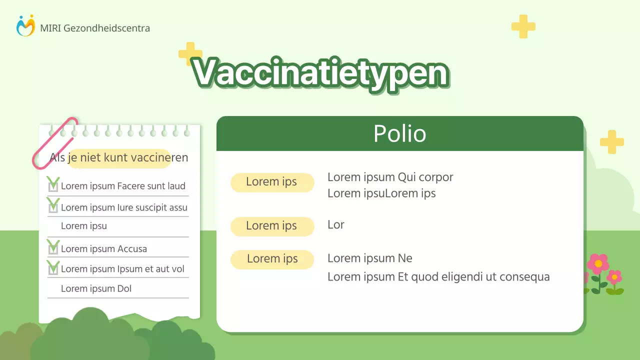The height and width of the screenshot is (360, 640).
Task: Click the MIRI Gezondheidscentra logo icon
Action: tap(25, 26)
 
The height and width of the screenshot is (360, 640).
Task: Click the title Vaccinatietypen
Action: tap(320, 73)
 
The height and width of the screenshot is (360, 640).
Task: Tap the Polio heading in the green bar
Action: tap(399, 134)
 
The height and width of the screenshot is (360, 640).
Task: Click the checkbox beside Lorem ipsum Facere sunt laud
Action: tap(53, 186)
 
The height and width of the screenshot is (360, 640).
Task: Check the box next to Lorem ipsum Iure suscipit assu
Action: tap(53, 207)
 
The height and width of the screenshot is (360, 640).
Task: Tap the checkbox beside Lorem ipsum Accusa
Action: tap(53, 248)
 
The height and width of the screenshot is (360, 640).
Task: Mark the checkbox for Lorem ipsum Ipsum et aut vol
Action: tap(53, 269)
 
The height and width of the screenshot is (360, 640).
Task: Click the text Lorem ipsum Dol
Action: tap(96, 288)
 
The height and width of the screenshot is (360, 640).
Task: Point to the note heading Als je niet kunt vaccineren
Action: tap(119, 158)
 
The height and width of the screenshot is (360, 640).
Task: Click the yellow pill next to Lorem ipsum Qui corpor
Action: tap(272, 182)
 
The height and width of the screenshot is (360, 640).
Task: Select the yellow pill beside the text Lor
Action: tap(272, 226)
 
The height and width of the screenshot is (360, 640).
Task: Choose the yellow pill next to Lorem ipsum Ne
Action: tap(272, 259)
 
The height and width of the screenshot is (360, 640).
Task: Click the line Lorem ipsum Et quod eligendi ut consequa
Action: tap(438, 276)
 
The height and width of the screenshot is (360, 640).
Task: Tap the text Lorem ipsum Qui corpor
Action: tap(390, 177)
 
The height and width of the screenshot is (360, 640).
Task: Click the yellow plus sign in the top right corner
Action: tap(523, 26)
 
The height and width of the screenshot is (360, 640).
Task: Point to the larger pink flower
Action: tap(598, 263)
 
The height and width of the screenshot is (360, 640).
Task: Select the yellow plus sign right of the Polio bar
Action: tap(611, 142)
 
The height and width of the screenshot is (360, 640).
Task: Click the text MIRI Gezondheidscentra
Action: tap(95, 28)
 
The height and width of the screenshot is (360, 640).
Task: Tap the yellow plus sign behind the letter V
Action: tap(189, 52)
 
